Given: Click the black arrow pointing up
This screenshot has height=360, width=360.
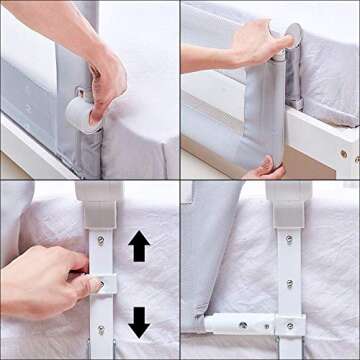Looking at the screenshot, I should (x=139, y=246).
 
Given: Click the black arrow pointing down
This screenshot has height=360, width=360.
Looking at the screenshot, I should (x=139, y=321).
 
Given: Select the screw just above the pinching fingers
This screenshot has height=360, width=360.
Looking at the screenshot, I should (x=100, y=239).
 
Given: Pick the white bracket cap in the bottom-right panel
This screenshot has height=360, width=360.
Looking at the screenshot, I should (x=289, y=203).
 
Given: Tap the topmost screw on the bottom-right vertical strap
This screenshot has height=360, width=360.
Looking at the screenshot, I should (x=289, y=239).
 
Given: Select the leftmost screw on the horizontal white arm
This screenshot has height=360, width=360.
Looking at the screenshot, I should (x=243, y=324).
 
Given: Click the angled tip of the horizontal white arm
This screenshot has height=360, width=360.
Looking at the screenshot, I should (x=212, y=326).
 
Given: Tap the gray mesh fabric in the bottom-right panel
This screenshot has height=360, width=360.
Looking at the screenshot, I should (x=210, y=250).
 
